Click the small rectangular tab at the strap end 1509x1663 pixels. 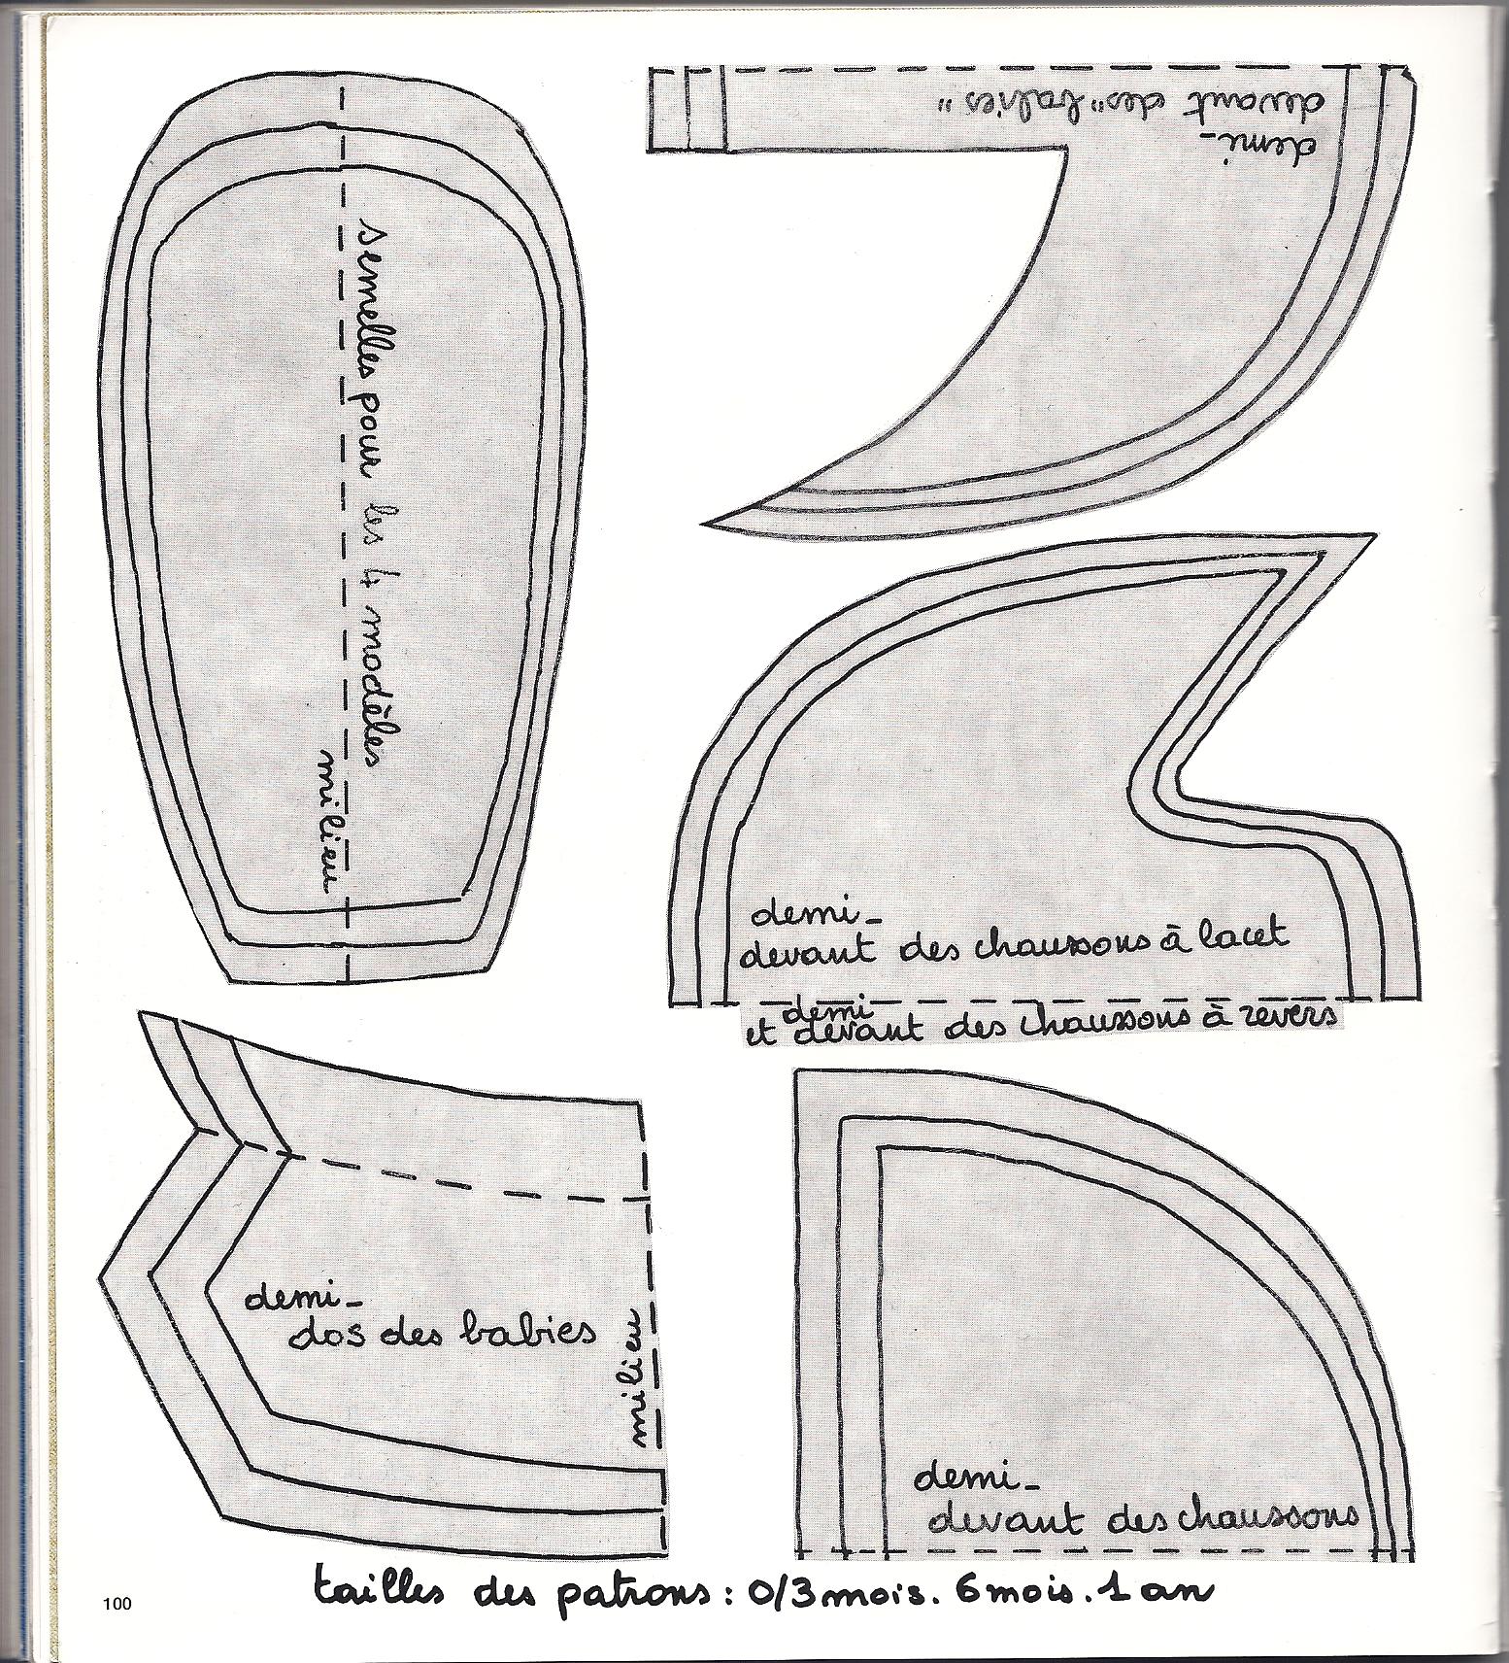point(686,109)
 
